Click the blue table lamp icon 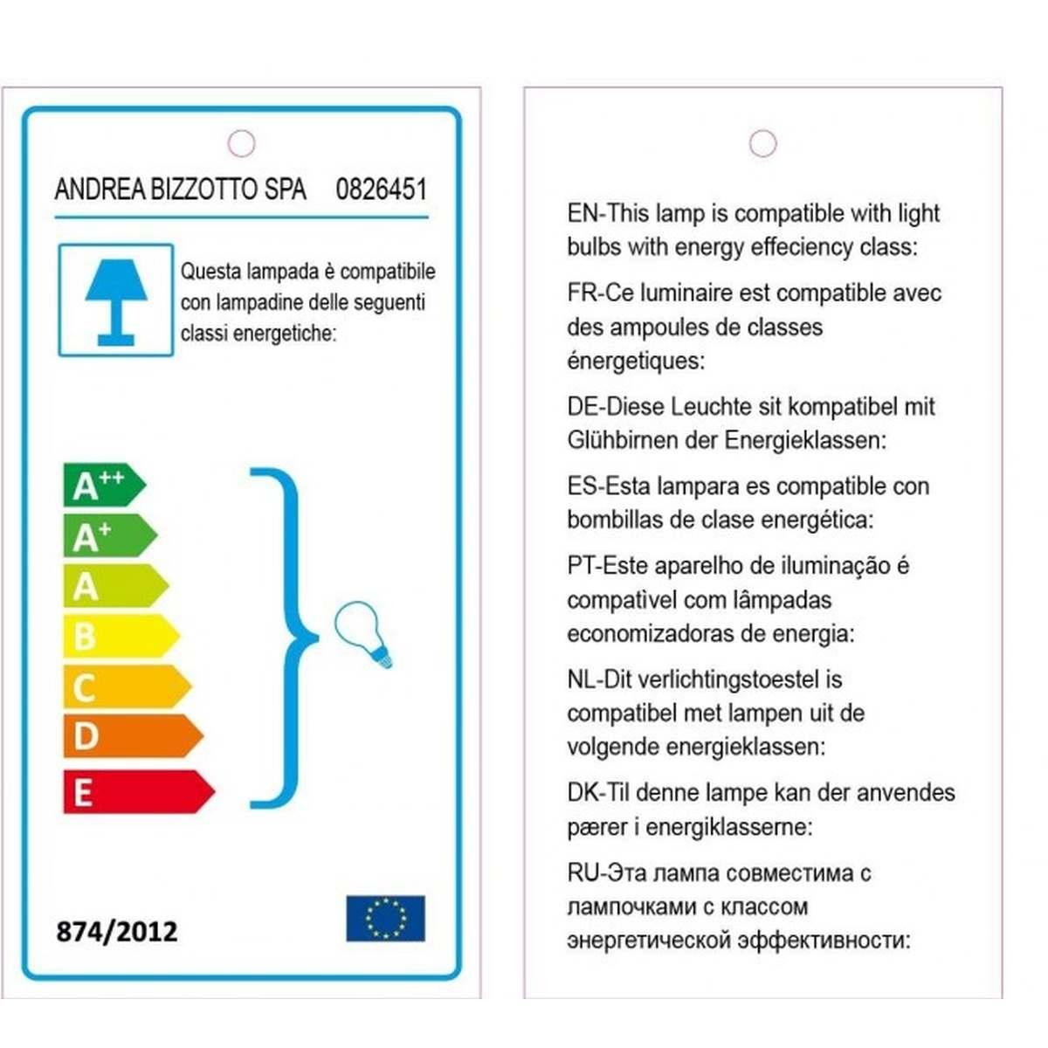tap(115, 300)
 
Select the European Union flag tap(385, 918)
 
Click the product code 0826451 tap(381, 190)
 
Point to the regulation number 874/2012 tap(117, 931)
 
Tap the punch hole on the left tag tap(241, 143)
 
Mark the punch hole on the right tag tap(762, 143)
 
